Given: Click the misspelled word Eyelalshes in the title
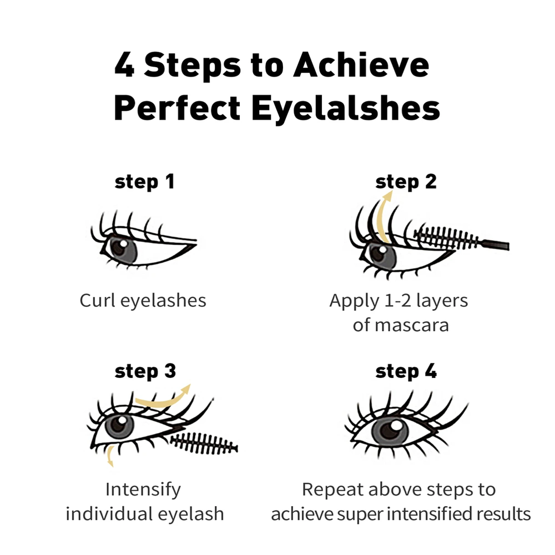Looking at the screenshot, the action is click(346, 109).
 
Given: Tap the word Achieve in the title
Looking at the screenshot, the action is click(361, 64).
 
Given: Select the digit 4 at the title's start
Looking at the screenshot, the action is click(124, 64).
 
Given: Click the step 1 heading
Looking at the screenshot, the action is click(144, 182).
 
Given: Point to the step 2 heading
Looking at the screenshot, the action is click(406, 182).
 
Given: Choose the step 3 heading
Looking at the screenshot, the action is click(145, 371).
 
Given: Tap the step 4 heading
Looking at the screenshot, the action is click(406, 371).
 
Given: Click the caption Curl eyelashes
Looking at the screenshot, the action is click(143, 301).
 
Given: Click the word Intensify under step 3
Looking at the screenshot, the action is click(143, 490).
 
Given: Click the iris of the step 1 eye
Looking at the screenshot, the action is click(123, 250).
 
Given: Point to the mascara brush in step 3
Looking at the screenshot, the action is click(204, 443).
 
